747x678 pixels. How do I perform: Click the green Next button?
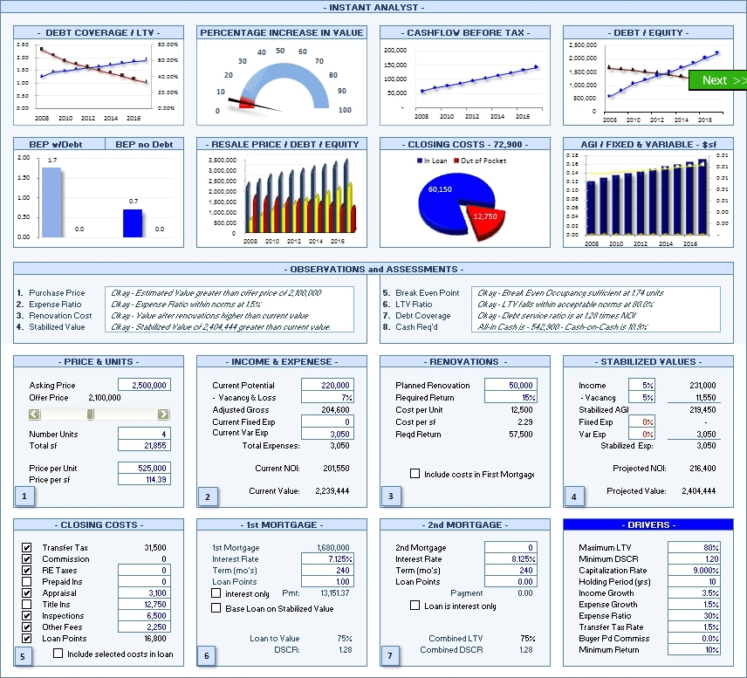pos(717,80)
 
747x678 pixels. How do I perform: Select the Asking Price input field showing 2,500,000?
pos(144,385)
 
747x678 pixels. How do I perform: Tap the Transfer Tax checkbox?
pos(26,548)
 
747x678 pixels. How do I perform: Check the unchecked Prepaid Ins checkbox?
pos(26,582)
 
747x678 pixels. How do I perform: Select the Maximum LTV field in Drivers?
pos(694,548)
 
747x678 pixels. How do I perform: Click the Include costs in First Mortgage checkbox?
pos(415,474)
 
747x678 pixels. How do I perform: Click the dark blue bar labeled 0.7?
pos(133,223)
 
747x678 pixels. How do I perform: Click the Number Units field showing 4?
pos(144,434)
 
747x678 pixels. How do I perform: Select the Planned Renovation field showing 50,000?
pos(511,385)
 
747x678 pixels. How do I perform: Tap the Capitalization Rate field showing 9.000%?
pos(694,571)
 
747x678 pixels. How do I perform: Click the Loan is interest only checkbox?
pos(415,606)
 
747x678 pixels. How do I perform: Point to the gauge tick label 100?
pos(345,110)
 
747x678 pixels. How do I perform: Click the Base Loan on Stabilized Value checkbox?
pos(216,609)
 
